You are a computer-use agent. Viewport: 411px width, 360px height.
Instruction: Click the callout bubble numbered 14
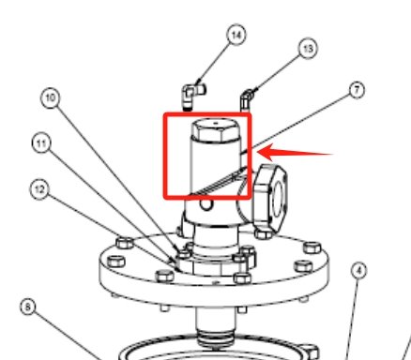click(x=236, y=35)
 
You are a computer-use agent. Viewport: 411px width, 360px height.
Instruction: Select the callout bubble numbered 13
click(x=307, y=48)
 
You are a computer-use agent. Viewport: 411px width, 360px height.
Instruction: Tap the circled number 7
click(x=355, y=91)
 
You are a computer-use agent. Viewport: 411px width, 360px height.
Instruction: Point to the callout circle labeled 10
click(x=51, y=97)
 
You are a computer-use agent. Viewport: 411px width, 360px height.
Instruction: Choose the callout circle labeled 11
click(x=41, y=143)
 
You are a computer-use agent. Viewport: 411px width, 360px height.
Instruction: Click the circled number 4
click(x=358, y=273)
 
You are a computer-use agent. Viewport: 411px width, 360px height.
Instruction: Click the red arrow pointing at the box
click(x=295, y=151)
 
